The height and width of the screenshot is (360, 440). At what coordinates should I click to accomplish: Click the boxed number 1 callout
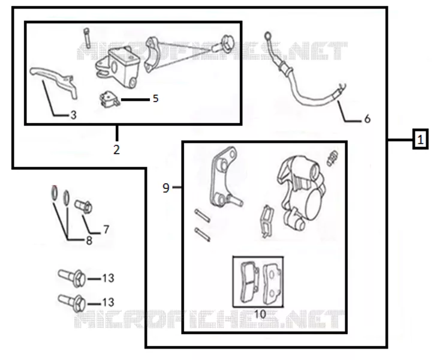point(420,139)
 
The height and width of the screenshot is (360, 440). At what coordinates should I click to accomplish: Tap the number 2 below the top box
point(116,149)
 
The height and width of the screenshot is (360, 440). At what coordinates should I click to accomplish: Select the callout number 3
point(73,115)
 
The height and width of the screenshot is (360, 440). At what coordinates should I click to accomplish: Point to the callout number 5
point(155,98)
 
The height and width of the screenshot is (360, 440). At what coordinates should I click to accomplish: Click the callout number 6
point(367,119)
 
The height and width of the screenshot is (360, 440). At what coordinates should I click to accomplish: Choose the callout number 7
point(106,230)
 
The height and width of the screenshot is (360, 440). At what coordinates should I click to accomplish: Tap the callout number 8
point(89,241)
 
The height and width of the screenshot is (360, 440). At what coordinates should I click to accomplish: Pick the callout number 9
point(166,188)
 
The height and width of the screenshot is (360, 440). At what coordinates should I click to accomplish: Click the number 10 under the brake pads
point(260,314)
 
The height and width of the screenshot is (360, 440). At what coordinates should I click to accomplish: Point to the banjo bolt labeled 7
point(83,206)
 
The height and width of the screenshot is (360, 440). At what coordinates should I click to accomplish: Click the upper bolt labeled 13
point(71,277)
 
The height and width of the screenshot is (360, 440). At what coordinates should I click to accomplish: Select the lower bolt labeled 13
point(71,302)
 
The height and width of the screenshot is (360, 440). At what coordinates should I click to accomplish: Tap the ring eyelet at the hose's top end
point(268,35)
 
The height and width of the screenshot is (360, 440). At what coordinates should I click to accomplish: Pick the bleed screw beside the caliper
point(332,158)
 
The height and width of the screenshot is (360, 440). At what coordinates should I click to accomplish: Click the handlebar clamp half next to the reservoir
point(152,54)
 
